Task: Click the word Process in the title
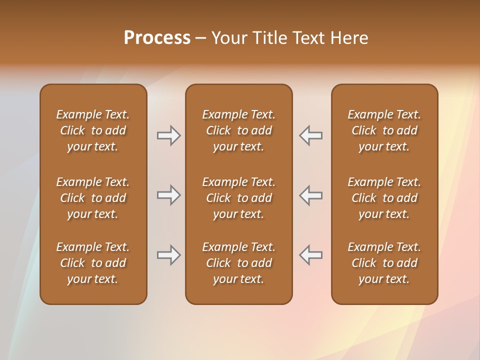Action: coord(157,38)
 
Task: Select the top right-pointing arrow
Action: coord(168,135)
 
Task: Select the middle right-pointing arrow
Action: coord(168,195)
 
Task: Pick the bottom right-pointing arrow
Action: coord(168,255)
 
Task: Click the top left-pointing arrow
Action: coord(310,135)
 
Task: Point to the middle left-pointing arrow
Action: coord(310,195)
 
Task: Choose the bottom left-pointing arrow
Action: coord(310,255)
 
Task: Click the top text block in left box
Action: coord(93,130)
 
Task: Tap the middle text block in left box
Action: coord(93,198)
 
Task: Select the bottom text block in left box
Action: coord(93,263)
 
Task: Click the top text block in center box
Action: coord(238,130)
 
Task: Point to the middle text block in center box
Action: coord(238,198)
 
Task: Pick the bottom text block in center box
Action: coord(238,263)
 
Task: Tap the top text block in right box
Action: coord(384,130)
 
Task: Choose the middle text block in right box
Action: coord(384,198)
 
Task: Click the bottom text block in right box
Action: coord(384,263)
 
